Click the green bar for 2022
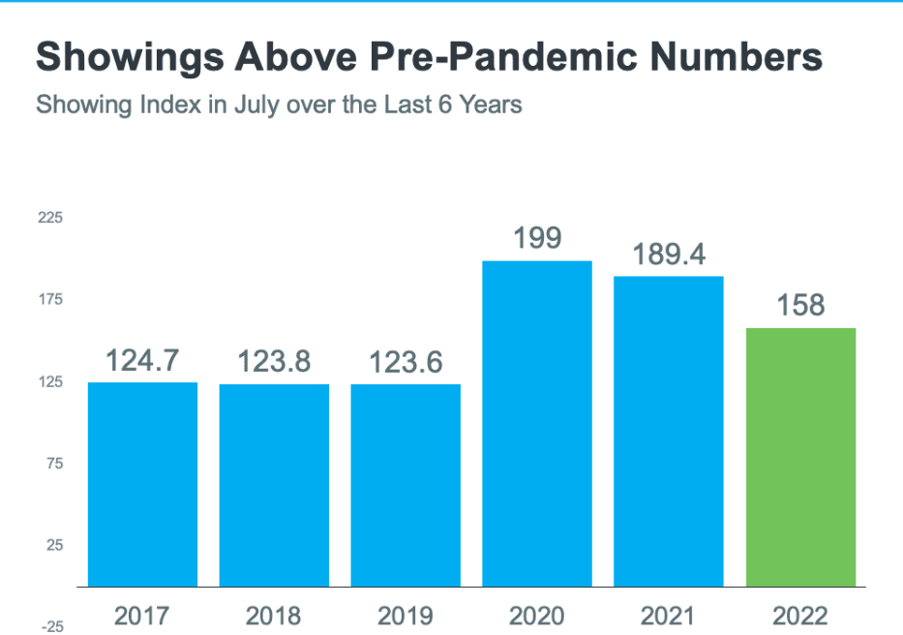pos(800,457)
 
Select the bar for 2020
pos(537,423)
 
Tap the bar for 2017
pos(142,484)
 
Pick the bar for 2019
pos(406,485)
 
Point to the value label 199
pos(537,238)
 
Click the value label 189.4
pos(669,255)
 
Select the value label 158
pos(800,306)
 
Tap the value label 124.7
pos(142,361)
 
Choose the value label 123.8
pos(274,362)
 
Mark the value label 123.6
pos(406,362)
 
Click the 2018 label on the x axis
pos(274,615)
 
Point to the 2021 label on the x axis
pos(669,615)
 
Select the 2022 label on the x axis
pos(800,615)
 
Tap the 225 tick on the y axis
pos(50,218)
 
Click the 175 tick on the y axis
pos(50,300)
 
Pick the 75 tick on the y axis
pos(52,464)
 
